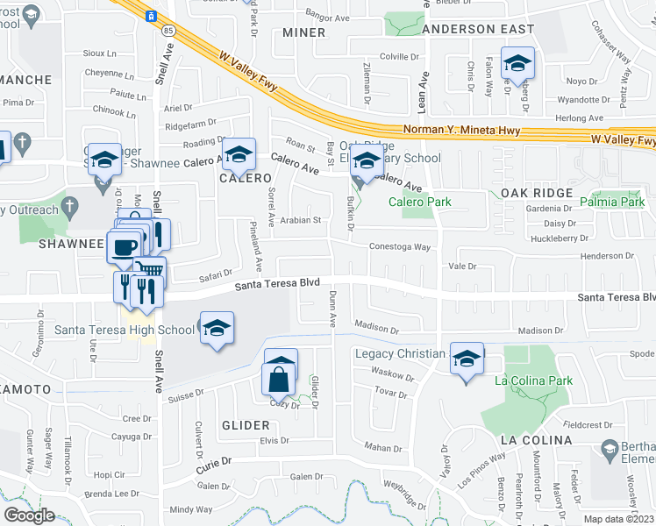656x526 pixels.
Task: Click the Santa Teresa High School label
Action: point(125,330)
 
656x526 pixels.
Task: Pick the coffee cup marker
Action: point(124,247)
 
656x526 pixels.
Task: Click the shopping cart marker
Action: point(149,271)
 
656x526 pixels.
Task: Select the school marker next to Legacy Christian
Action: point(467,358)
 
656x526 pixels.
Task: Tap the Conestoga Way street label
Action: point(399,247)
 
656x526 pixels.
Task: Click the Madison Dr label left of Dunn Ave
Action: point(377,331)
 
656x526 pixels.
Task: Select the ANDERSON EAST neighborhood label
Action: point(478,29)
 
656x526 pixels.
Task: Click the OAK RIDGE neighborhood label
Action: point(537,192)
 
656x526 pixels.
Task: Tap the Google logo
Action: point(29,515)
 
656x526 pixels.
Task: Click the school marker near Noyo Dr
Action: point(517,63)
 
